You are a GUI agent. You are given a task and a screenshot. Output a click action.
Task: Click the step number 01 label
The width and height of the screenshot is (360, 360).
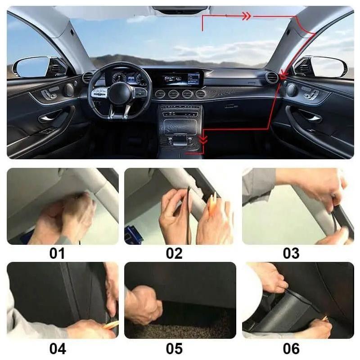[57, 253]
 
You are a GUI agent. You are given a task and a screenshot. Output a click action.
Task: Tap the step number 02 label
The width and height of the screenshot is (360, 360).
[174, 253]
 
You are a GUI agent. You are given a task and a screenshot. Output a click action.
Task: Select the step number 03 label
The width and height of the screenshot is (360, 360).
[291, 253]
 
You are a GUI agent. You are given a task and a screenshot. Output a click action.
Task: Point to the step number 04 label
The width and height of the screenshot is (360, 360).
[58, 348]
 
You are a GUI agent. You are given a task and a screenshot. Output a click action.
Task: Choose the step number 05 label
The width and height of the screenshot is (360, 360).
[174, 348]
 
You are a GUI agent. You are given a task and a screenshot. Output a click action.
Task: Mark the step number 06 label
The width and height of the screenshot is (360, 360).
[291, 348]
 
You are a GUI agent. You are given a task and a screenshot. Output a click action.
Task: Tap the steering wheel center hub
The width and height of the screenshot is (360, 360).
[119, 94]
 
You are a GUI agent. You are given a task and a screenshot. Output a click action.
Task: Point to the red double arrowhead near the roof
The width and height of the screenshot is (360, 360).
[247, 16]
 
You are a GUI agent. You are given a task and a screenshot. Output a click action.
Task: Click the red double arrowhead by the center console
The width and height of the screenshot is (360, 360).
[203, 139]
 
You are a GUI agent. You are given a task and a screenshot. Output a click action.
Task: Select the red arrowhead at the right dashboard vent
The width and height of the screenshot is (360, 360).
[284, 75]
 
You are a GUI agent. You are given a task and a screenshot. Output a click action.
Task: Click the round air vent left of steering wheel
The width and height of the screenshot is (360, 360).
[87, 77]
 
